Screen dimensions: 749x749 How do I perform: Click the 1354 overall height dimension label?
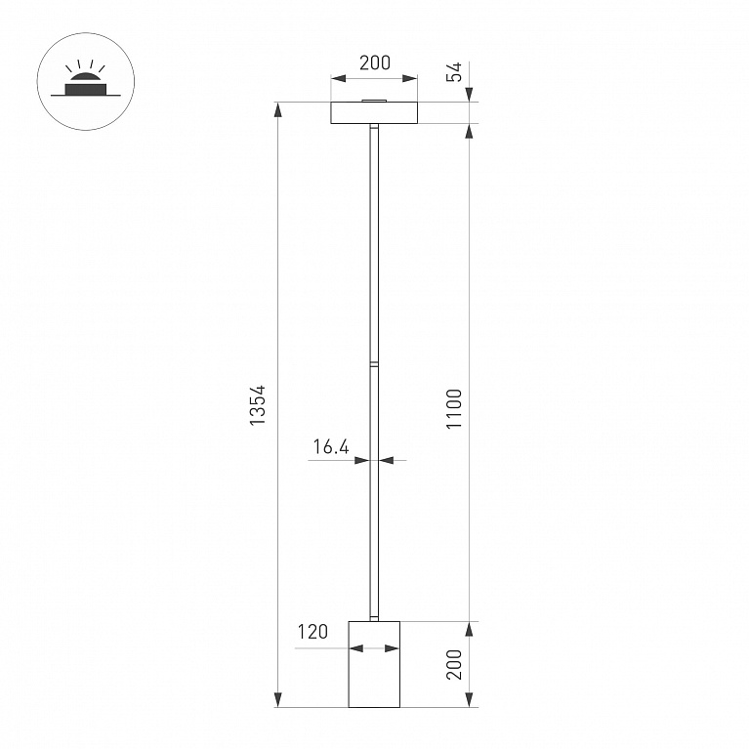pos(257,404)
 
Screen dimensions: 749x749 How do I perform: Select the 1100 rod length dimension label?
pos(454,409)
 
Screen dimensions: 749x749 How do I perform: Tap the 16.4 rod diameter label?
pos(331,446)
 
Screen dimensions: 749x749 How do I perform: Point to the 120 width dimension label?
pos(312,632)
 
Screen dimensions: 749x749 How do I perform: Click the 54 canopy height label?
pos(454,71)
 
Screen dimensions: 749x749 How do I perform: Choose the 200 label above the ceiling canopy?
pos(375,62)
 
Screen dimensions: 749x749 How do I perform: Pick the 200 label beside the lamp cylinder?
pos(454,664)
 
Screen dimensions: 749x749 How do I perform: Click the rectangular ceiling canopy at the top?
pos(374,112)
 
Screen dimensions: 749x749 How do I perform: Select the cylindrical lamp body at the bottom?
pos(374,664)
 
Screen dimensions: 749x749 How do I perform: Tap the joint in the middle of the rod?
pos(374,365)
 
